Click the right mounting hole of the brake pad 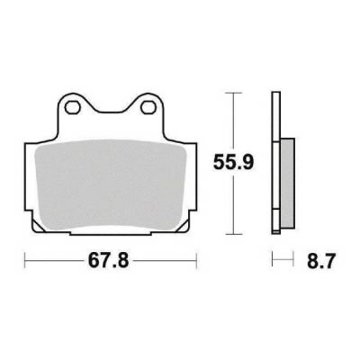(x=147, y=108)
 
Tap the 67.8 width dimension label (x=108, y=261)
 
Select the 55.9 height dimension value (x=233, y=163)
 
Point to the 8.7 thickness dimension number (x=320, y=261)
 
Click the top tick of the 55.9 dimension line (x=233, y=93)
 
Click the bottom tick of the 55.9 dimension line (x=233, y=234)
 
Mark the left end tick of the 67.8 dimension (x=25, y=260)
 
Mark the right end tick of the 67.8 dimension (x=196, y=260)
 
